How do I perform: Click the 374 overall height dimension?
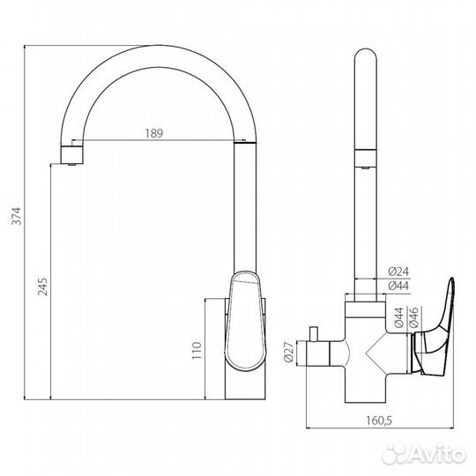[x=16, y=216]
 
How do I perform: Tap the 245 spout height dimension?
[x=42, y=286]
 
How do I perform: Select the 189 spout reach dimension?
[x=154, y=133]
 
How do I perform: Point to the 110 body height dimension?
[x=197, y=350]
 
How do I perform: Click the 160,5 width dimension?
[x=379, y=420]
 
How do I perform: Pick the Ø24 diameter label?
[x=398, y=271]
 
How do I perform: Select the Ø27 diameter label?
[x=289, y=352]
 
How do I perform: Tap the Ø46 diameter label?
[x=413, y=317]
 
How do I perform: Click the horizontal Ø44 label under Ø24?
[x=398, y=286]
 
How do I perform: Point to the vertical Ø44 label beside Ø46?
[x=399, y=317]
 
